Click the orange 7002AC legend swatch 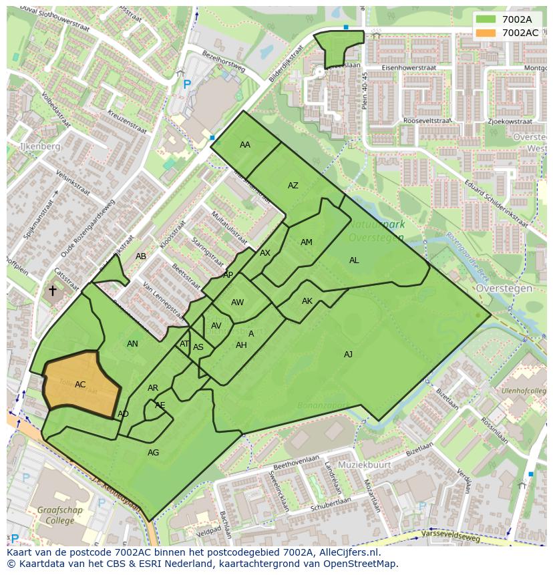click(x=486, y=33)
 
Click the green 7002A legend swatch click(x=486, y=19)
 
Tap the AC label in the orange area click(x=80, y=385)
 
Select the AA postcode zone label click(x=245, y=145)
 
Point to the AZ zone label click(x=293, y=186)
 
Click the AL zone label click(x=354, y=260)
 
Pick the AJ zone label click(x=348, y=355)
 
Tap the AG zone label click(x=153, y=453)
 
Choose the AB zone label click(x=141, y=256)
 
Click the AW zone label click(x=237, y=303)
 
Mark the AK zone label click(x=307, y=301)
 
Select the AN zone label click(x=132, y=344)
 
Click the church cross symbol click(x=53, y=291)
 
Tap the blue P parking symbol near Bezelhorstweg click(x=187, y=85)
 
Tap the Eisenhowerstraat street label click(x=409, y=68)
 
